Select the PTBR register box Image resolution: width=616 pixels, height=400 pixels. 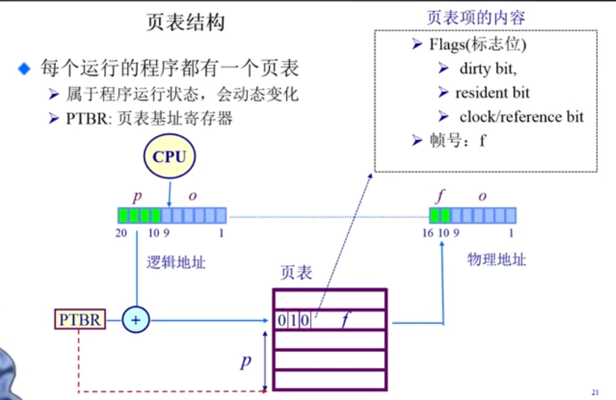pyautogui.click(x=80, y=319)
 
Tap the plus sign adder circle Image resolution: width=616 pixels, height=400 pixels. pyautogui.click(x=135, y=319)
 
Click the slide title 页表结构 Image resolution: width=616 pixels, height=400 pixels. pyautogui.click(x=185, y=23)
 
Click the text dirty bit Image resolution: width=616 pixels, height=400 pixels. pyautogui.click(x=487, y=69)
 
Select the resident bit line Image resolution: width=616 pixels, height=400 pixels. pyautogui.click(x=492, y=93)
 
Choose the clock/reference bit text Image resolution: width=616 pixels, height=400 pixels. pyautogui.click(x=521, y=117)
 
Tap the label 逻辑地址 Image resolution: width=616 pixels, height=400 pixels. pyautogui.click(x=177, y=262)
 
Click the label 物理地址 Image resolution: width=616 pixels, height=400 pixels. pyautogui.click(x=497, y=259)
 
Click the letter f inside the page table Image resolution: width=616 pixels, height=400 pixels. pyautogui.click(x=346, y=319)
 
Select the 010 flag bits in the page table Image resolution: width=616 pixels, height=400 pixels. pyautogui.click(x=293, y=320)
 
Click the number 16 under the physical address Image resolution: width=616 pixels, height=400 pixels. pyautogui.click(x=429, y=233)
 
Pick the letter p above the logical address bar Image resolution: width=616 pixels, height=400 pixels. pyautogui.click(x=137, y=197)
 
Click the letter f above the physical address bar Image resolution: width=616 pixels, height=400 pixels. pyautogui.click(x=440, y=197)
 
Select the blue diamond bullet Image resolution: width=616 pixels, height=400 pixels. pyautogui.click(x=25, y=70)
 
